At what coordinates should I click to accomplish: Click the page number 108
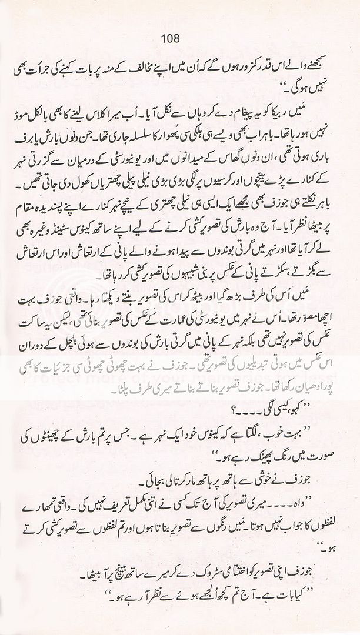tap(180, 39)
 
